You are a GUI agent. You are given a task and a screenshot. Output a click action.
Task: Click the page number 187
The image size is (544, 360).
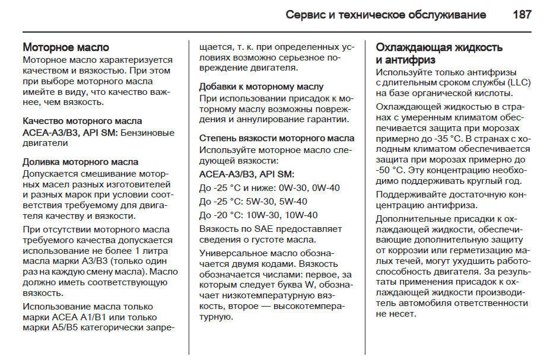pos(521,15)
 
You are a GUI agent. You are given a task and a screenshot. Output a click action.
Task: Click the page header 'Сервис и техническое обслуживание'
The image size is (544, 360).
pos(386,15)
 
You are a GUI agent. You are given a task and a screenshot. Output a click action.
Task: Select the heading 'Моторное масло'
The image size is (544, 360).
pos(66,47)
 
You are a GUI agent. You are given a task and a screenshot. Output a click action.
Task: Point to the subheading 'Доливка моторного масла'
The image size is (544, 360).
pos(80,162)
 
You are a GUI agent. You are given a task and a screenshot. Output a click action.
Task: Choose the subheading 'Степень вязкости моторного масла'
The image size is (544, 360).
pos(276,138)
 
